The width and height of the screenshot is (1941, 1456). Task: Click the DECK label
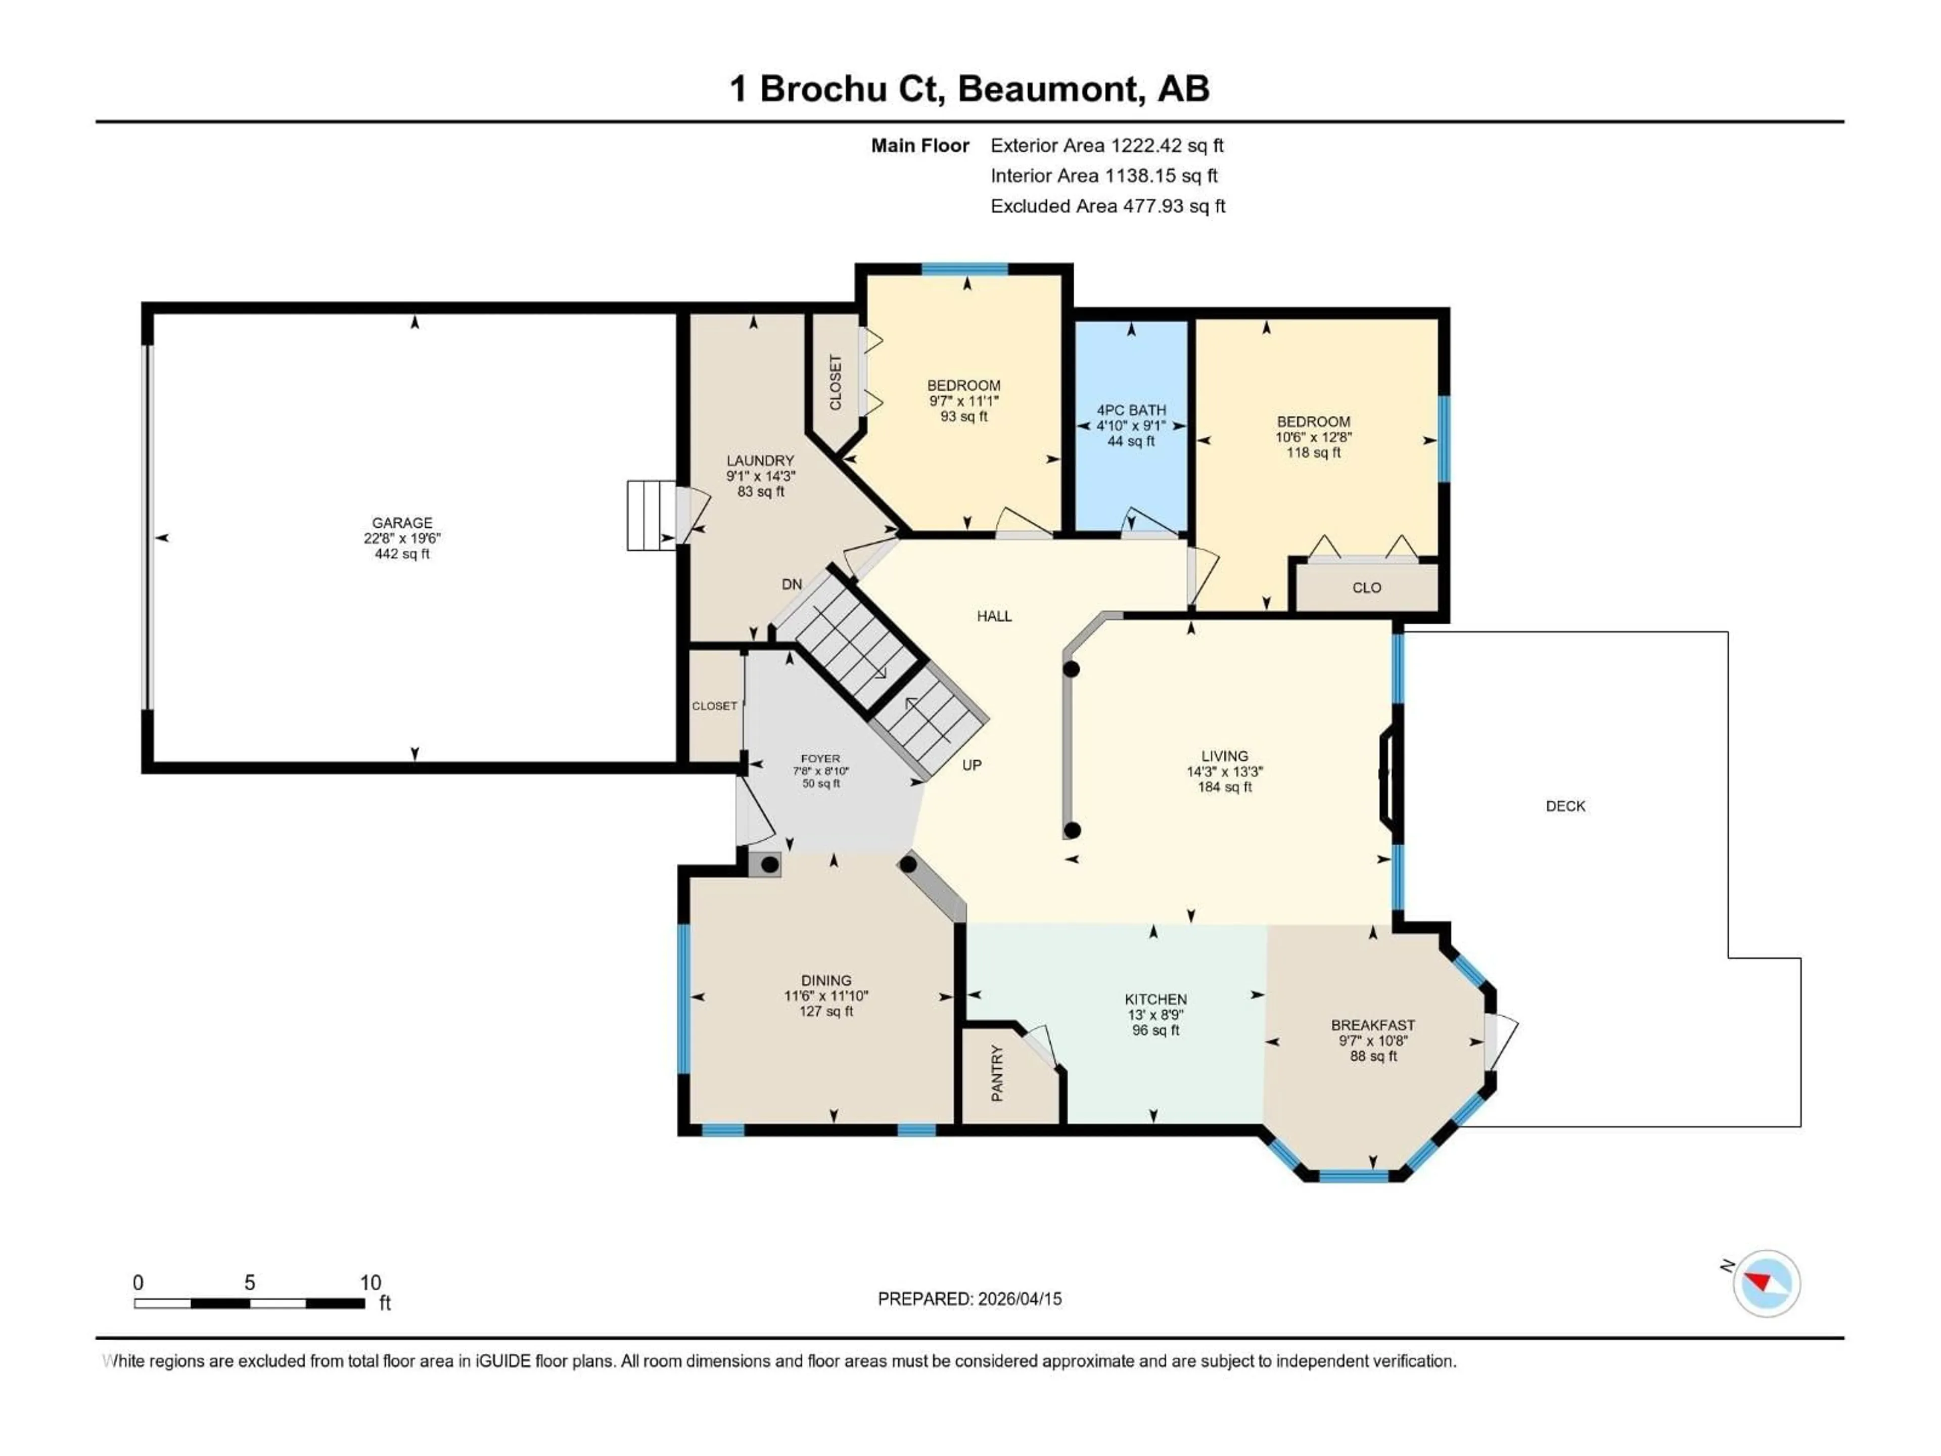pyautogui.click(x=1565, y=806)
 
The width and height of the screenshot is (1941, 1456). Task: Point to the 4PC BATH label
pyautogui.click(x=1131, y=410)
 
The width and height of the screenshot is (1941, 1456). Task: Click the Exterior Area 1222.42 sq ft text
pyautogui.click(x=1106, y=146)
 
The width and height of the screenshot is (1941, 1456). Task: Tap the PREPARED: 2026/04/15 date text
pyautogui.click(x=969, y=1299)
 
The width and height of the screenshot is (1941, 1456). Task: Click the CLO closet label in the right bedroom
pyautogui.click(x=1366, y=588)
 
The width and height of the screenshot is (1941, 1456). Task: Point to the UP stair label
pyautogui.click(x=972, y=765)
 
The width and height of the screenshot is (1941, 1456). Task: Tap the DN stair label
pyautogui.click(x=792, y=583)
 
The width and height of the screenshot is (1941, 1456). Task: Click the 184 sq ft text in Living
pyautogui.click(x=1224, y=787)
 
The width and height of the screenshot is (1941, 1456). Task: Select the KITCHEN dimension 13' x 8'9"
pyautogui.click(x=1156, y=1015)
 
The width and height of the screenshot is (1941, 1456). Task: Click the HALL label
pyautogui.click(x=994, y=616)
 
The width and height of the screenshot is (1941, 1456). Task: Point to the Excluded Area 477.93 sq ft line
pyautogui.click(x=1107, y=206)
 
